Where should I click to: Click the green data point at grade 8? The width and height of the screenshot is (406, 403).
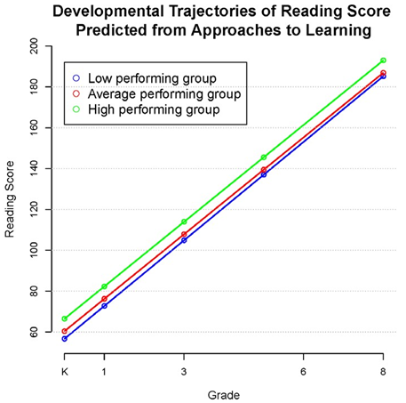click(383, 60)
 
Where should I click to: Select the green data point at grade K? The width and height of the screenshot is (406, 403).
click(65, 318)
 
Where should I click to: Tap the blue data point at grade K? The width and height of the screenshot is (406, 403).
click(65, 339)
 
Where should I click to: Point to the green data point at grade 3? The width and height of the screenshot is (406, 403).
click(184, 222)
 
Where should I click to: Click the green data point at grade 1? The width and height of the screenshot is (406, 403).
click(105, 286)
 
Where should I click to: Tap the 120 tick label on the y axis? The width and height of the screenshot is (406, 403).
click(34, 209)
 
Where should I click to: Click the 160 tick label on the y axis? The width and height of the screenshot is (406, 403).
click(34, 127)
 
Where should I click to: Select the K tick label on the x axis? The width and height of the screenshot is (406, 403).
click(65, 371)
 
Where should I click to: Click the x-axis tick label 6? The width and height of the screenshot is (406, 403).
click(303, 371)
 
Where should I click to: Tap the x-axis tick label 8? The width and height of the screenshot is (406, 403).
click(383, 371)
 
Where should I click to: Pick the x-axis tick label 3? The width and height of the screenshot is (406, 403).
click(184, 371)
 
